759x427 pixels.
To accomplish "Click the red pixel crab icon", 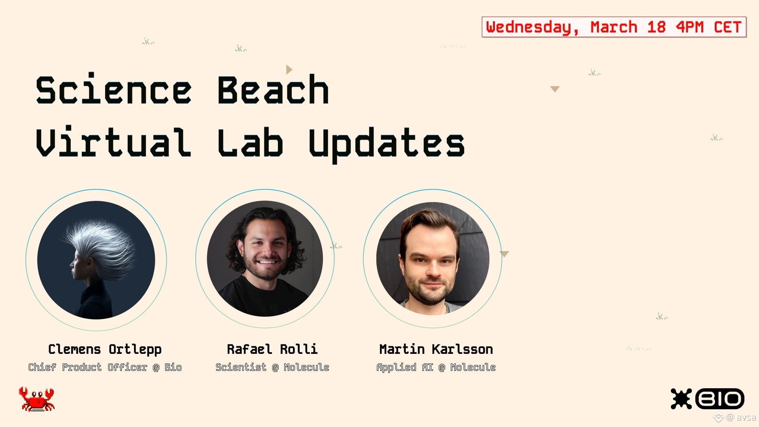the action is pyautogui.click(x=36, y=399).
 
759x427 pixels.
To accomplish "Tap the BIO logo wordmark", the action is pyautogui.click(x=719, y=399).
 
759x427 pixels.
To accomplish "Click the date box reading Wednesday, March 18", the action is pyautogui.click(x=614, y=27).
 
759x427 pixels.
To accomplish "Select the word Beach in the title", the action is pyautogui.click(x=273, y=90).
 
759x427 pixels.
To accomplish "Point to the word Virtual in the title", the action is pyautogui.click(x=113, y=141).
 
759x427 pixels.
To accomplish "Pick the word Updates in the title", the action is pyautogui.click(x=387, y=145).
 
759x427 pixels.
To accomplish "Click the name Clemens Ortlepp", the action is pyautogui.click(x=105, y=350).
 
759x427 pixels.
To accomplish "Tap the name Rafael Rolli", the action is pyautogui.click(x=272, y=349).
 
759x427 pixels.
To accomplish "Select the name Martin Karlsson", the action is pyautogui.click(x=436, y=349).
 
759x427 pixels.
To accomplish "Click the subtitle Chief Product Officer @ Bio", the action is pyautogui.click(x=105, y=367).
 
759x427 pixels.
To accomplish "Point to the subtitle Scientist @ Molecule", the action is pyautogui.click(x=272, y=367).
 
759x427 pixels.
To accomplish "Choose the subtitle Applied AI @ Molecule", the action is pyautogui.click(x=436, y=368).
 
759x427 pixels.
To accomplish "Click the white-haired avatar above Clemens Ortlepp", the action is pyautogui.click(x=96, y=260).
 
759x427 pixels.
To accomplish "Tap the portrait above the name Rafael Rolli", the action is pyautogui.click(x=265, y=259).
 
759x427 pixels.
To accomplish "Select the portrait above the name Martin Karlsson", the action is pyautogui.click(x=433, y=258).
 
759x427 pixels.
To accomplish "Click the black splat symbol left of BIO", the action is pyautogui.click(x=681, y=399).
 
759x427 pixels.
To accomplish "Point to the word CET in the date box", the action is pyautogui.click(x=727, y=27).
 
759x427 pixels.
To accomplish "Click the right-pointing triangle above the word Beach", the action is pyautogui.click(x=289, y=70).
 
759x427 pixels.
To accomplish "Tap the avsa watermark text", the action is pyautogui.click(x=746, y=417).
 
